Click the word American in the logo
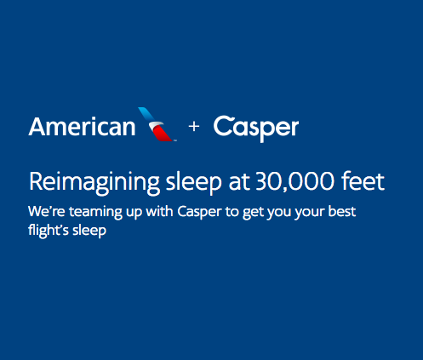82,127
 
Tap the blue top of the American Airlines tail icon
147,115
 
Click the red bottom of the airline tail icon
163,134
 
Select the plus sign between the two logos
194,126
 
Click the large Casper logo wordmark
256,129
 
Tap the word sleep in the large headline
193,183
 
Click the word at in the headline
239,182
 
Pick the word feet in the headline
363,181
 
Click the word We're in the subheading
47,212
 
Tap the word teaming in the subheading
95,213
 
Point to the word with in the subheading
159,211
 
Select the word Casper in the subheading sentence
199,213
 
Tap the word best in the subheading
342,212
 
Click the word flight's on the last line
49,231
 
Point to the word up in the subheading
134,214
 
